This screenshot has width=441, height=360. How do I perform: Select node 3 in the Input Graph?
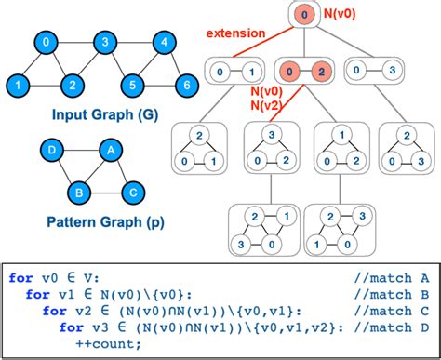click(x=107, y=43)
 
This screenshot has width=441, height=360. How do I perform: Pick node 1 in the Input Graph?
click(x=16, y=86)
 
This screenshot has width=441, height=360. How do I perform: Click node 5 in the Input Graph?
click(x=135, y=86)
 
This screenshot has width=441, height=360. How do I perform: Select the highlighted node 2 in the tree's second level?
click(x=318, y=70)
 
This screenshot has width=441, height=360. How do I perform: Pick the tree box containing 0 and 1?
click(x=233, y=70)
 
